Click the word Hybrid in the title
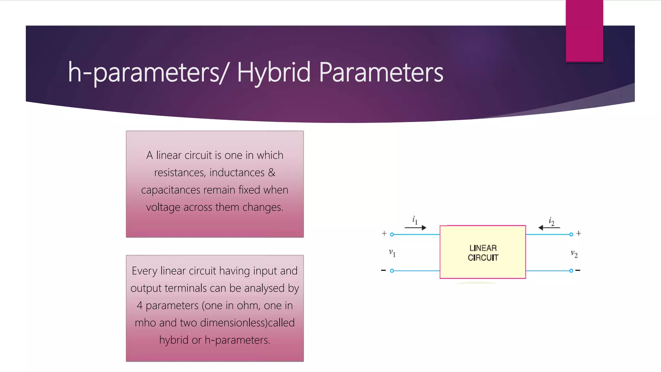pyautogui.click(x=274, y=72)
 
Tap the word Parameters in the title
pyautogui.click(x=381, y=72)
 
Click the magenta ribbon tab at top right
pyautogui.click(x=584, y=31)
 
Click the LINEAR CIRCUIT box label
pyautogui.click(x=483, y=253)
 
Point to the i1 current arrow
pyautogui.click(x=415, y=227)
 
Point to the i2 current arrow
pyautogui.click(x=549, y=227)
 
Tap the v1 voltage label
pyautogui.click(x=392, y=253)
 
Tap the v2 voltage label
pyautogui.click(x=574, y=254)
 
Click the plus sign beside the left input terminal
pyautogui.click(x=384, y=233)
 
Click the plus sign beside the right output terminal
pyautogui.click(x=579, y=233)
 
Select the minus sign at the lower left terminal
pyautogui.click(x=383, y=270)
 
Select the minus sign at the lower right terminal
pyautogui.click(x=578, y=270)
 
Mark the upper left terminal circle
pyautogui.click(x=392, y=234)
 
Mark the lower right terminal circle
pyautogui.click(x=571, y=271)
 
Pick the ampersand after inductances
pyautogui.click(x=272, y=172)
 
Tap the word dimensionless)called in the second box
pyautogui.click(x=247, y=323)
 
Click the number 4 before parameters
pyautogui.click(x=139, y=305)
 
